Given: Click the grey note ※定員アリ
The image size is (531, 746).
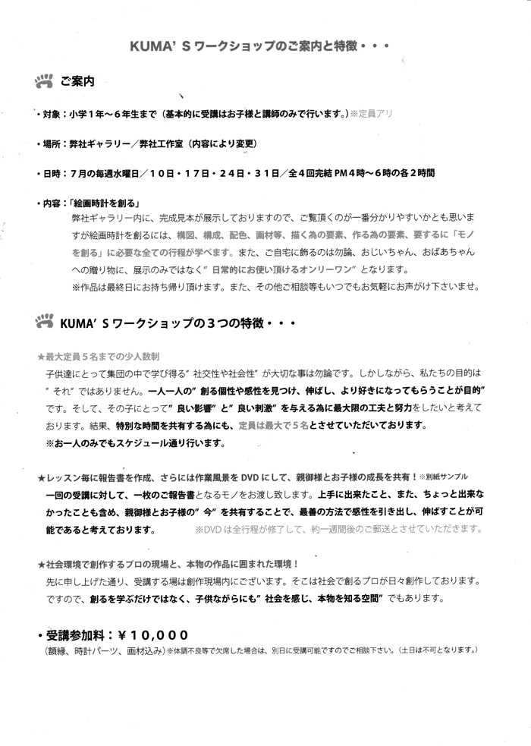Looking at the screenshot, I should click(x=373, y=114).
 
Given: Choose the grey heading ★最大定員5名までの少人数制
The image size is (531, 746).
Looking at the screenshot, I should click(x=98, y=355).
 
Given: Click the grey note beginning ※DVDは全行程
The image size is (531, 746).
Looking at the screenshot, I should click(x=338, y=529).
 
